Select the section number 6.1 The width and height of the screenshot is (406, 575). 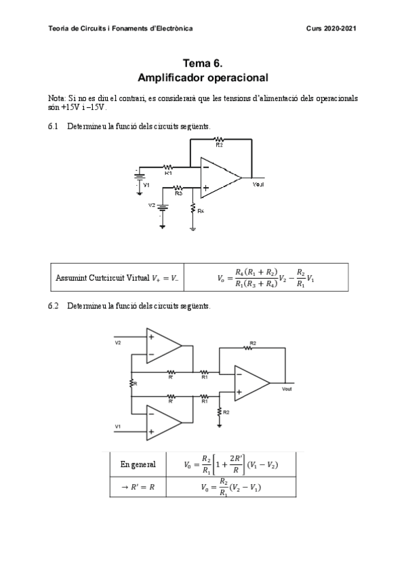point(54,127)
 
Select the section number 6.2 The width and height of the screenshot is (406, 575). point(54,306)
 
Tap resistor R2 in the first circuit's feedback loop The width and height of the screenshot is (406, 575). point(219,140)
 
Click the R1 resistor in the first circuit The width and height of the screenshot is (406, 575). point(168,167)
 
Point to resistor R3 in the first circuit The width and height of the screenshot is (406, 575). point(178,188)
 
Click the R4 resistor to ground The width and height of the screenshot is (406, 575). point(193,211)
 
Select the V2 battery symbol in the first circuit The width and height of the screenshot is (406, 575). point(161,207)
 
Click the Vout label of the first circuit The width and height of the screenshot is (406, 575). point(258,184)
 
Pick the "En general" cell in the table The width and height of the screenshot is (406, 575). point(138,464)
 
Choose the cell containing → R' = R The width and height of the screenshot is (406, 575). point(138,487)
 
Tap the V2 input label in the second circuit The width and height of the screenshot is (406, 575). point(118,342)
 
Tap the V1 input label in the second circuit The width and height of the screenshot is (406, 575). point(118,426)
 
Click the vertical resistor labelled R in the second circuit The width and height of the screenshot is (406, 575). point(131,384)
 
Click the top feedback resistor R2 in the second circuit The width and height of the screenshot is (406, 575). point(251,349)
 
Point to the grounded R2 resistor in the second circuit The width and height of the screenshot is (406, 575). point(220,412)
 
